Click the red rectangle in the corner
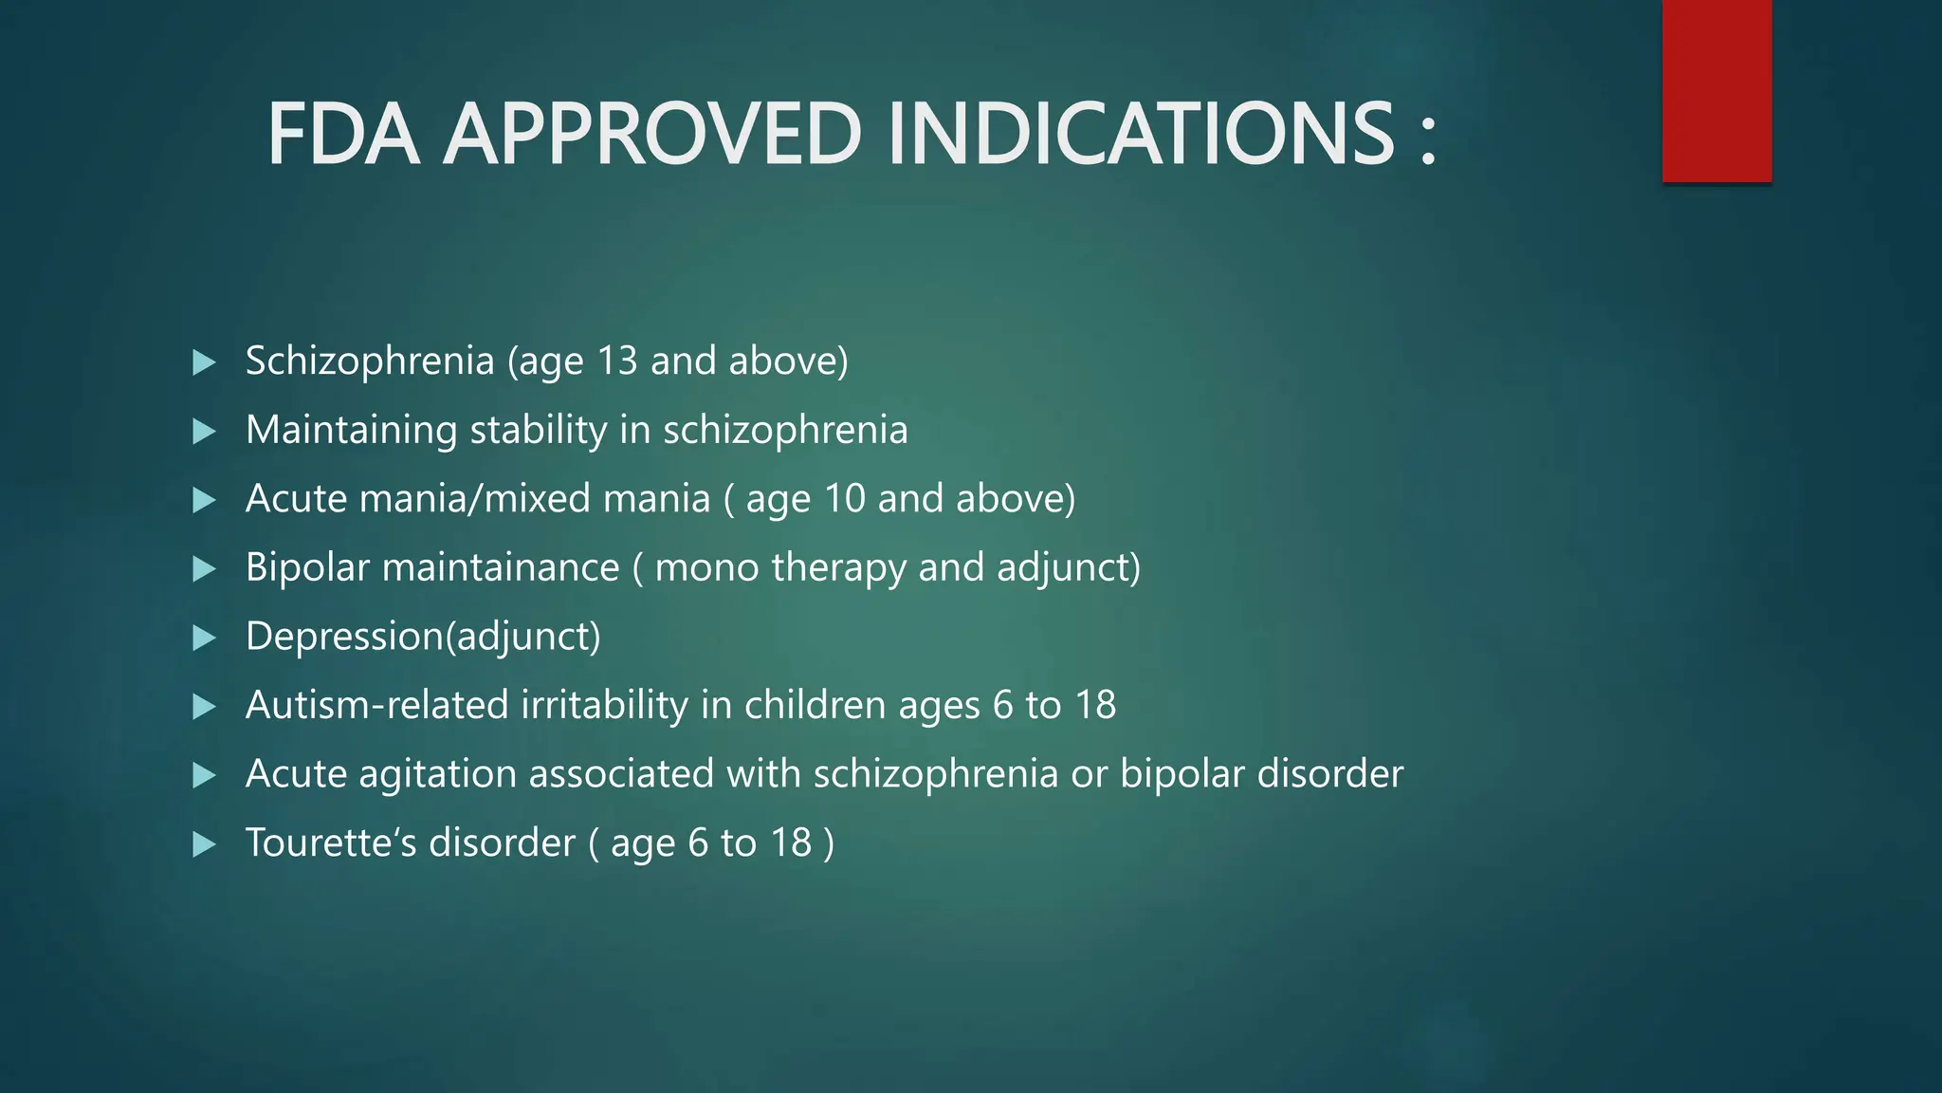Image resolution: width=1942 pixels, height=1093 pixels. click(1716, 91)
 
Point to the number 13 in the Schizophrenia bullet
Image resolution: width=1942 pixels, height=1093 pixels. click(617, 361)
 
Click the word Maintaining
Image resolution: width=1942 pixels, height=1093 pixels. click(351, 430)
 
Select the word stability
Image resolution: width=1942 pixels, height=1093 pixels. click(539, 430)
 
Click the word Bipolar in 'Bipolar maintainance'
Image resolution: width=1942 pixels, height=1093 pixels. click(307, 567)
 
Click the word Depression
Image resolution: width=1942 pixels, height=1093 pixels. click(345, 636)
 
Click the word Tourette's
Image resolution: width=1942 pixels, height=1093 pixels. click(326, 843)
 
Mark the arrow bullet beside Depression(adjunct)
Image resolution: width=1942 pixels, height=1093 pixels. click(204, 638)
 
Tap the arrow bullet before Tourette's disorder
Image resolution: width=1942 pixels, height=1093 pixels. click(204, 844)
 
